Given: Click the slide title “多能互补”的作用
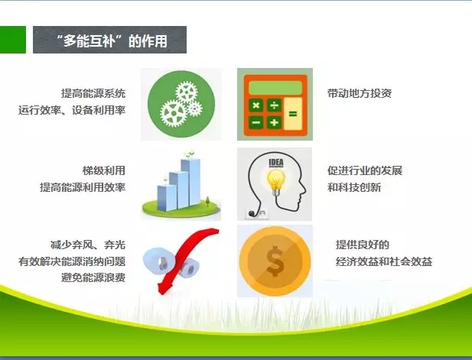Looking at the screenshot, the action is [x=112, y=41].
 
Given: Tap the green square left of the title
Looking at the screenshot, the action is [x=13, y=40].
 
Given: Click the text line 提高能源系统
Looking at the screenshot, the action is [x=93, y=93].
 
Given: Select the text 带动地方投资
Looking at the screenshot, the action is [x=360, y=93].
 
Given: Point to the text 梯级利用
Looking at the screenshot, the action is [x=104, y=170].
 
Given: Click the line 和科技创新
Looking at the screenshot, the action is [x=354, y=187].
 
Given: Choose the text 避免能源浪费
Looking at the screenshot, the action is [x=93, y=277].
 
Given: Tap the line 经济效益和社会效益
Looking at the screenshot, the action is [x=384, y=261].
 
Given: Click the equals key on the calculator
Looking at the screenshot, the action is [x=293, y=114].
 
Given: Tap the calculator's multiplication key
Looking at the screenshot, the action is [x=256, y=105].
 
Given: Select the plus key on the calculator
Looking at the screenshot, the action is [x=274, y=122].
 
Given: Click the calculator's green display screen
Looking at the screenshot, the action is [x=275, y=88].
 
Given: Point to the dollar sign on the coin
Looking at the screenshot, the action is [x=275, y=261].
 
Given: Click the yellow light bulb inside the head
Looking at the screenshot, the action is [x=275, y=180].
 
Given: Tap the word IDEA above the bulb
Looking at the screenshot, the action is [x=276, y=163].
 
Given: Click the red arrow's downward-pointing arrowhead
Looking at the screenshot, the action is [x=164, y=288].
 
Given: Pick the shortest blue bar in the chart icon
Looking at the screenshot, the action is [x=167, y=197].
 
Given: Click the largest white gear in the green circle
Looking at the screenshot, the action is [x=174, y=113].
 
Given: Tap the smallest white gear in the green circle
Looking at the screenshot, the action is [x=195, y=109].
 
